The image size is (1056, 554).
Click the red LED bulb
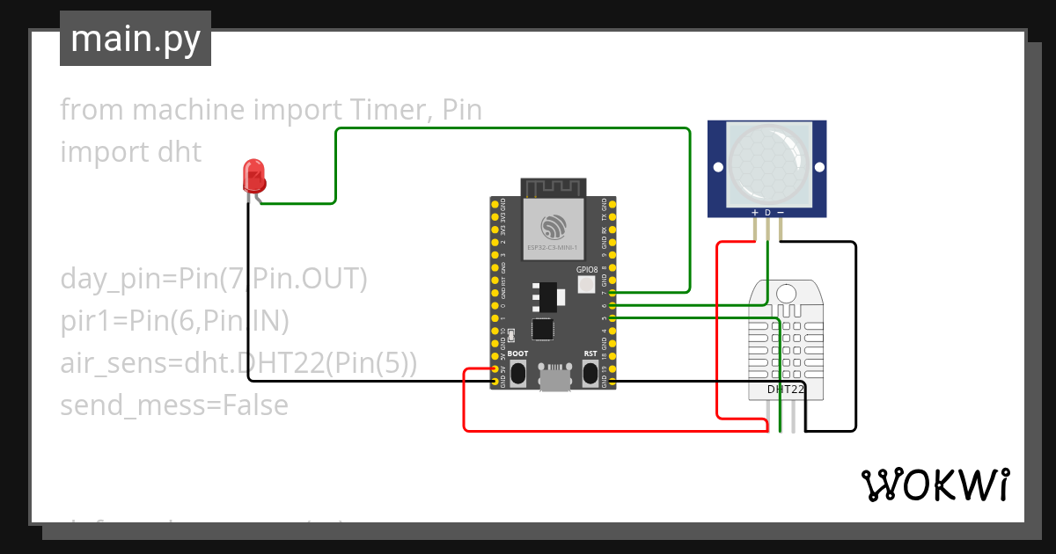click(254, 176)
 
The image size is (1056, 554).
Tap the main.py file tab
click(136, 39)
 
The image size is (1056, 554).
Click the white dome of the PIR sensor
click(766, 160)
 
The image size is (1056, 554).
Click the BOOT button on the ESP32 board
click(518, 375)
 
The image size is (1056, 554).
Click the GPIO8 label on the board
click(587, 270)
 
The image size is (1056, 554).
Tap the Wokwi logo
click(935, 485)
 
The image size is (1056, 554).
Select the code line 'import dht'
click(130, 152)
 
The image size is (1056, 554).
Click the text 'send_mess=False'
click(174, 405)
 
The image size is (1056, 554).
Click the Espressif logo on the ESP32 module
click(553, 227)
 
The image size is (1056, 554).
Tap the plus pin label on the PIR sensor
click(754, 213)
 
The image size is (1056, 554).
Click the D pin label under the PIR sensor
click(767, 213)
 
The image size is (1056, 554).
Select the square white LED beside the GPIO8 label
click(587, 285)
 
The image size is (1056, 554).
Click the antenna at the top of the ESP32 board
click(553, 187)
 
